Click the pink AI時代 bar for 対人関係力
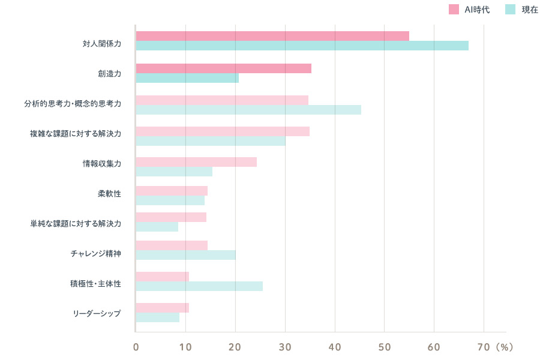pyautogui.click(x=272, y=36)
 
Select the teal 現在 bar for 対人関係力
pyautogui.click(x=302, y=46)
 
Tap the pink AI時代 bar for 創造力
pyautogui.click(x=223, y=68)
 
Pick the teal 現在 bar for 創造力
pyautogui.click(x=187, y=78)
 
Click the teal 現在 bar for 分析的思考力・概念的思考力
pyautogui.click(x=248, y=110)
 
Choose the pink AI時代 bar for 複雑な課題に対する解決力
pyautogui.click(x=223, y=131)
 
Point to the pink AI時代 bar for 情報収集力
pyautogui.click(x=196, y=162)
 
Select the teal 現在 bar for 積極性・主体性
pyautogui.click(x=199, y=286)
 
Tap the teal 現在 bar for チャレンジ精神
pyautogui.click(x=185, y=255)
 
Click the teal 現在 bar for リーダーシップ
pyautogui.click(x=157, y=317)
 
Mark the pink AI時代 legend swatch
pyautogui.click(x=454, y=9)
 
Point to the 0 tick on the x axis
pyautogui.click(x=136, y=347)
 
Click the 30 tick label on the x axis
pyautogui.click(x=285, y=347)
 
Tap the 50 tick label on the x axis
pyautogui.click(x=385, y=347)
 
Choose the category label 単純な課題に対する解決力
pyautogui.click(x=76, y=223)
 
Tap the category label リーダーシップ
pyautogui.click(x=97, y=314)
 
